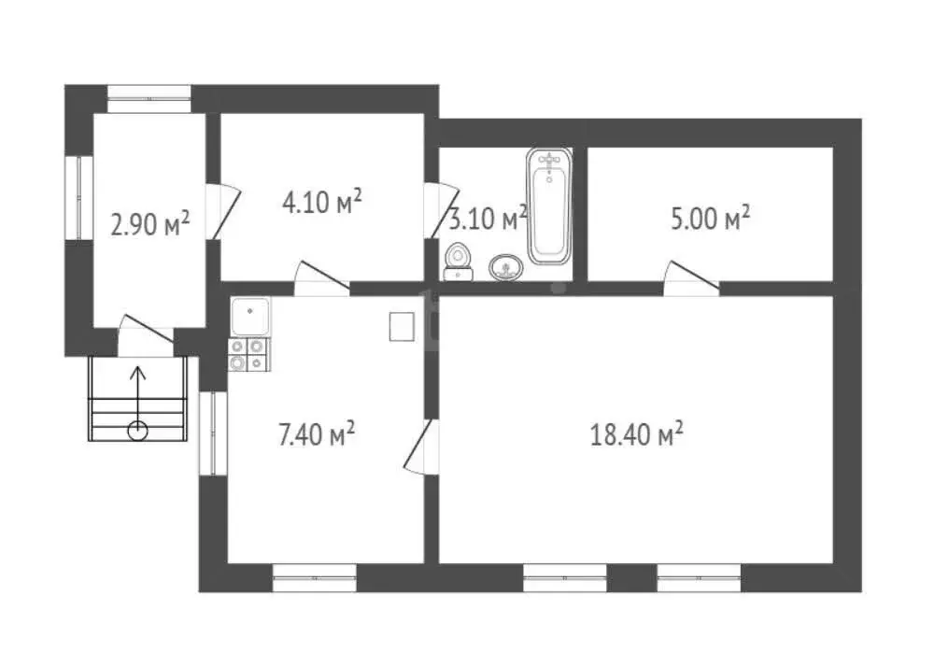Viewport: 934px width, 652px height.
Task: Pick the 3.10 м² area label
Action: click(488, 220)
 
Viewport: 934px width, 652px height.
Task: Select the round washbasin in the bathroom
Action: click(506, 268)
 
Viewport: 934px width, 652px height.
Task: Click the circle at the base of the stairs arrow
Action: click(137, 430)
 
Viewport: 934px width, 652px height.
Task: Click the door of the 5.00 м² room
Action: click(690, 276)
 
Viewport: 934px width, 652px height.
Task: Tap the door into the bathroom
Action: click(435, 210)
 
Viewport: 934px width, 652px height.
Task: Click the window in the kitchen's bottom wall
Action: click(314, 578)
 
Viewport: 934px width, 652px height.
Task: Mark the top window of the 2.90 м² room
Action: click(149, 92)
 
